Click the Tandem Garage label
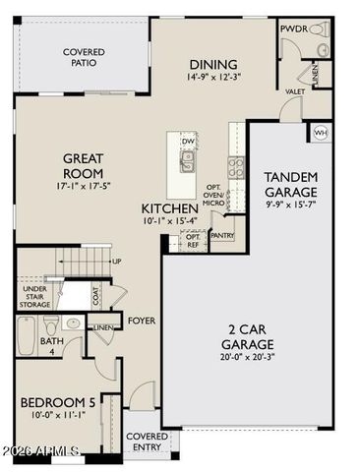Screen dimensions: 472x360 pos(290,183)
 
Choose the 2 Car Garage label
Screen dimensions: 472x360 pos(246,336)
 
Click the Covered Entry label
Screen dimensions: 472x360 pos(148,442)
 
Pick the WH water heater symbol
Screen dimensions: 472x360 pos(320,132)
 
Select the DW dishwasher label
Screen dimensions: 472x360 pos(188,141)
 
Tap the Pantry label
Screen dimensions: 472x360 pos(221,235)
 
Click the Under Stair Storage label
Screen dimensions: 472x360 pos(33,296)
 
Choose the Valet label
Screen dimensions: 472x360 pos(294,90)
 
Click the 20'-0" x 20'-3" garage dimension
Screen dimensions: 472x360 pos(246,358)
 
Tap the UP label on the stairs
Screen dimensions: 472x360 pos(116,262)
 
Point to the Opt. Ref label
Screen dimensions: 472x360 pos(193,239)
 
